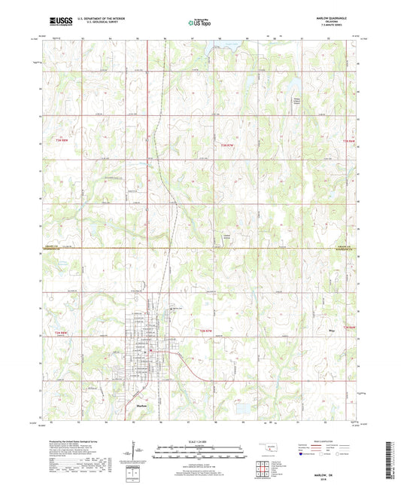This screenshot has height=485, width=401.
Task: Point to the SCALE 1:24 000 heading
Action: tap(200, 442)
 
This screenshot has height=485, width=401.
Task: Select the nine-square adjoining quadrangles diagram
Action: tap(265, 468)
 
